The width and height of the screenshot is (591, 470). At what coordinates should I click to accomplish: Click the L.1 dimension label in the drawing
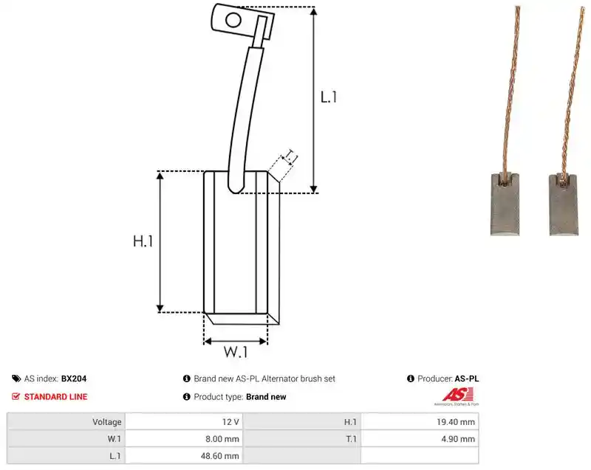(328, 97)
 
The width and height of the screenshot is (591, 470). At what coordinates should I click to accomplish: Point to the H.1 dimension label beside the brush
(143, 241)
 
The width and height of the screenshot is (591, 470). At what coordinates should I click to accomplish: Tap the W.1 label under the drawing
(236, 352)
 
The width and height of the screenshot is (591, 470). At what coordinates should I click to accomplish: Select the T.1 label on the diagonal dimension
(290, 156)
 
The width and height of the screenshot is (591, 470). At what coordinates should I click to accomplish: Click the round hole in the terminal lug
(233, 20)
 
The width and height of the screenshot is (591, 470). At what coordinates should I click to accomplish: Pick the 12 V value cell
(184, 422)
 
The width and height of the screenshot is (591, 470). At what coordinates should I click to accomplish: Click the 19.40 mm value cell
(420, 422)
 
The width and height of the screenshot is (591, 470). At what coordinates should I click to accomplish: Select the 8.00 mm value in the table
(222, 439)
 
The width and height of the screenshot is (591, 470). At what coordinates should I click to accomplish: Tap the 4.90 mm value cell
(420, 439)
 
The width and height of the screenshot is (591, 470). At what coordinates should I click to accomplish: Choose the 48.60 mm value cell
(184, 456)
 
